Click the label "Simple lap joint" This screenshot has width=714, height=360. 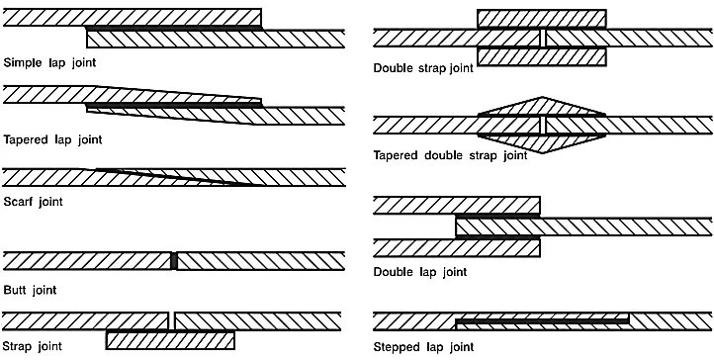coord(49,62)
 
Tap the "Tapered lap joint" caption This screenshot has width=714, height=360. coord(52,139)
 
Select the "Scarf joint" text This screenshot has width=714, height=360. coord(33,201)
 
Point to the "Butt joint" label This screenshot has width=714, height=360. coord(30,290)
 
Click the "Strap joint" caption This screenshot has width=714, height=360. coord(32,346)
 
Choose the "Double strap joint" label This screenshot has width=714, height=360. coord(423,68)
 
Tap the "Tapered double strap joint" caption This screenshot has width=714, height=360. coord(450,155)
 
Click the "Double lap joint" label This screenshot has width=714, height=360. coord(420,272)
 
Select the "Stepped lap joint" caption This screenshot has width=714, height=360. coord(423,347)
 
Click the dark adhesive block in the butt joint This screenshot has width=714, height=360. coord(173,261)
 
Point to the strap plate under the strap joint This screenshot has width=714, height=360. coord(170,340)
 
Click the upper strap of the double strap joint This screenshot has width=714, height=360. coord(541,19)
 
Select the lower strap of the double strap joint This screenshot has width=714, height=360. coord(541,56)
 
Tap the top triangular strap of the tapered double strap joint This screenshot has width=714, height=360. coord(541,107)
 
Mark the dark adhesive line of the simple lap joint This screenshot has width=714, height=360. coord(174,29)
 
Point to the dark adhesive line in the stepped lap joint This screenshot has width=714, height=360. coord(542,321)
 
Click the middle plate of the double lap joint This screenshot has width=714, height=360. coord(584,226)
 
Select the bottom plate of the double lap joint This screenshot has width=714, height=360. coord(456,248)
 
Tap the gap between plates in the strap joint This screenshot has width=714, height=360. coord(171,320)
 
